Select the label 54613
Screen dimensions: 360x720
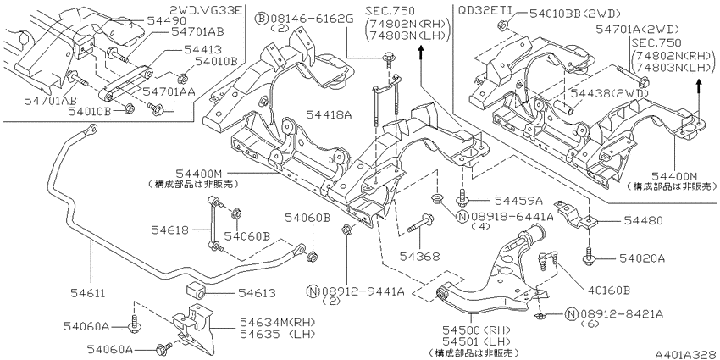[x=256, y=292]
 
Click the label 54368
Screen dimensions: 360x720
[x=420, y=254]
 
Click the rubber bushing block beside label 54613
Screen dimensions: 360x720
[x=196, y=291]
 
